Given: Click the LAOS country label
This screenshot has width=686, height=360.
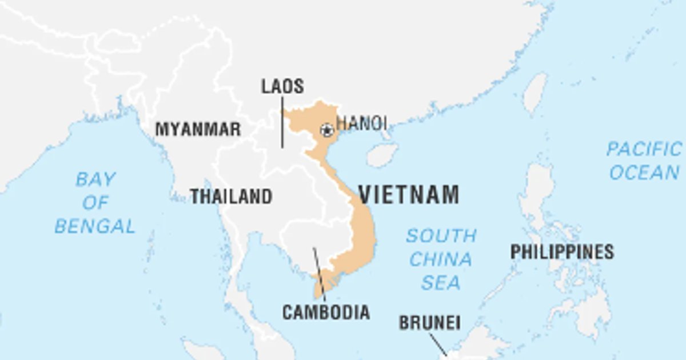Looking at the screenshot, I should [x=282, y=87].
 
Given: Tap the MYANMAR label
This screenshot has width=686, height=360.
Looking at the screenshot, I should [x=198, y=130].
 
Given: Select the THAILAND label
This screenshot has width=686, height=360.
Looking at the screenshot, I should [x=231, y=197].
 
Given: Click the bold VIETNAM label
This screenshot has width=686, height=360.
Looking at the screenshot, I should [x=409, y=195].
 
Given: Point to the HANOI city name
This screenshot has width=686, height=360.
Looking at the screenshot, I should [x=361, y=123].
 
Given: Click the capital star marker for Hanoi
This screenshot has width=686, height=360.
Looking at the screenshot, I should [x=327, y=130].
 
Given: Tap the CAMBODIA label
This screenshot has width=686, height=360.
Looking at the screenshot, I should [x=326, y=313].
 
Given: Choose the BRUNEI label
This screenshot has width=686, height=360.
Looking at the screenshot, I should [x=429, y=323].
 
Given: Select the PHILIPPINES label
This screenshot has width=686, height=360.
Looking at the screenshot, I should [x=562, y=251].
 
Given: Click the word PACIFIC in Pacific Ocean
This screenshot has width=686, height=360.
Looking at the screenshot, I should [x=644, y=150].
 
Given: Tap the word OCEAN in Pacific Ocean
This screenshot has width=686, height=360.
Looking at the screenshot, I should [x=644, y=172].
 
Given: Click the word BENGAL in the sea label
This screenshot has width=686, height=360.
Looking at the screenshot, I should [x=95, y=226].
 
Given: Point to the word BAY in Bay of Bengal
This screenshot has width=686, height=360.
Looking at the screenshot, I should [x=95, y=180].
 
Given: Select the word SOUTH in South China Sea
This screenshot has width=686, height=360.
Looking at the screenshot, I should [x=441, y=235].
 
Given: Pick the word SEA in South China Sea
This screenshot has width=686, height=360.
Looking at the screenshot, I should [x=441, y=282].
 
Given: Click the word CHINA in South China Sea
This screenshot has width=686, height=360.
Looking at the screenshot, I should [x=441, y=259].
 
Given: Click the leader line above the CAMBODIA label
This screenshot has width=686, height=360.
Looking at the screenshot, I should [x=319, y=274].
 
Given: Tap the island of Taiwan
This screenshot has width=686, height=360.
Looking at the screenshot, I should [x=535, y=93].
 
